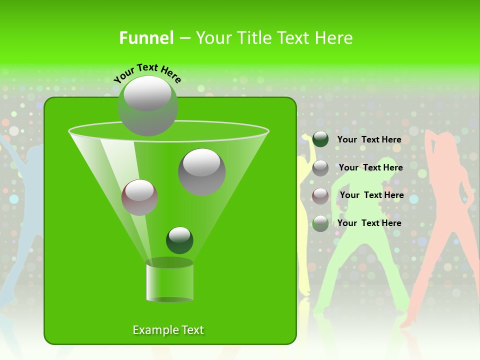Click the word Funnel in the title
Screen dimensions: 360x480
pyautogui.click(x=146, y=38)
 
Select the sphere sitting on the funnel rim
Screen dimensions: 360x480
pyautogui.click(x=148, y=105)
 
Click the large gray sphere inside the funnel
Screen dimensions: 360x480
pyautogui.click(x=201, y=171)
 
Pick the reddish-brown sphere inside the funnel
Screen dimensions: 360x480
pyautogui.click(x=139, y=197)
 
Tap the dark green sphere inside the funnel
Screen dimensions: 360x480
pyautogui.click(x=179, y=240)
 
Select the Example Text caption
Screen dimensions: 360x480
pyautogui.click(x=168, y=330)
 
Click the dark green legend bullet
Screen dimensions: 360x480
pyautogui.click(x=320, y=139)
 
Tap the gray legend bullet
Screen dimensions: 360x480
pyautogui.click(x=320, y=167)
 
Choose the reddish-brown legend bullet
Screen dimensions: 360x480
pyautogui.click(x=320, y=195)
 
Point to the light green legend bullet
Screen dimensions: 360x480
pyautogui.click(x=320, y=223)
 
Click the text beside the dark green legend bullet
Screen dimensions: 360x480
pyautogui.click(x=369, y=139)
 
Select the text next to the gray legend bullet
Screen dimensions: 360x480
pyautogui.click(x=370, y=167)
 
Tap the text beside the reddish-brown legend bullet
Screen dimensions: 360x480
pyautogui.click(x=371, y=195)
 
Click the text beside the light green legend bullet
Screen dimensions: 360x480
pyautogui.click(x=369, y=223)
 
